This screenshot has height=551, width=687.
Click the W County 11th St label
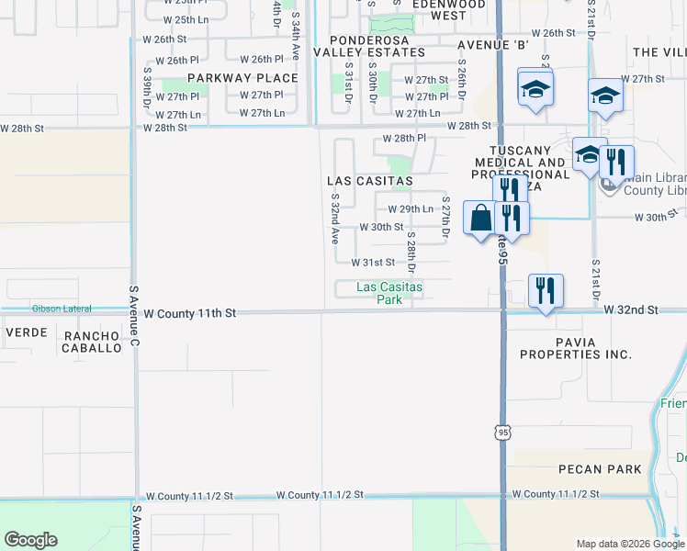tap(190, 313)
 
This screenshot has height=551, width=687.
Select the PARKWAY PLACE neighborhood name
tap(243, 78)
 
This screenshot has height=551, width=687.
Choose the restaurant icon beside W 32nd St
tap(546, 291)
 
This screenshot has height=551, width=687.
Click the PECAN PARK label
tap(600, 469)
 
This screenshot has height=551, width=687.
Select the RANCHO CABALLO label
tap(92, 342)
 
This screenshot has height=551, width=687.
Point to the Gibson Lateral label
tap(62, 308)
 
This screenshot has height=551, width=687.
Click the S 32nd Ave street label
tap(334, 219)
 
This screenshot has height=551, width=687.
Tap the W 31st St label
tap(373, 262)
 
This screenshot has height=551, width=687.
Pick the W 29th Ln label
tap(410, 209)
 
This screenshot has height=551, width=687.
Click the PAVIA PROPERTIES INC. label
tap(576, 348)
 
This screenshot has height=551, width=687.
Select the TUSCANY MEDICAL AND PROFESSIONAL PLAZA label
tap(521, 168)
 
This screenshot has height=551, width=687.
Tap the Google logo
tap(31, 540)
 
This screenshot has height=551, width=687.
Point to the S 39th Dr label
tap(147, 89)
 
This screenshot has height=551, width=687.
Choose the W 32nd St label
tap(631, 311)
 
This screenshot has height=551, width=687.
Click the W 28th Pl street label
tap(405, 138)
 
